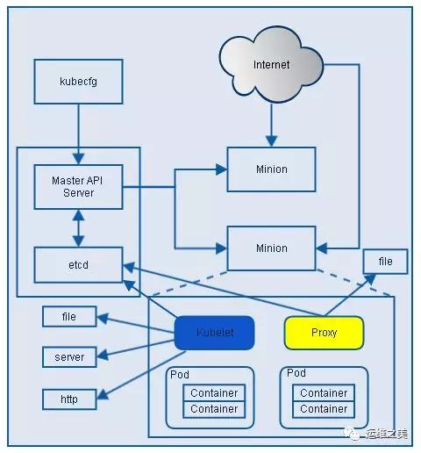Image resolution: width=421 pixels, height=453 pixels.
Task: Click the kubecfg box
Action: click(78, 82)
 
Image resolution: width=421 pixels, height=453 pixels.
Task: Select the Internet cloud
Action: click(271, 65)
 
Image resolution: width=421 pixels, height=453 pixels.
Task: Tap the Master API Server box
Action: click(78, 187)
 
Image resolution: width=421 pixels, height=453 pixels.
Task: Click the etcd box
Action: click(78, 265)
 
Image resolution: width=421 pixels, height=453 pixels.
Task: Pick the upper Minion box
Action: click(271, 169)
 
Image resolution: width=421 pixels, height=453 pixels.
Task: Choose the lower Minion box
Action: click(271, 248)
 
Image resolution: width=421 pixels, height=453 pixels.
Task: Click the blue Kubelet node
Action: click(214, 333)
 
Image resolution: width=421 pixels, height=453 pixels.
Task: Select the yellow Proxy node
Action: click(324, 333)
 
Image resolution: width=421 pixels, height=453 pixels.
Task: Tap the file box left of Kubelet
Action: click(69, 316)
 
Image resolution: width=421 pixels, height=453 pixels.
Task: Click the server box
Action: click(69, 357)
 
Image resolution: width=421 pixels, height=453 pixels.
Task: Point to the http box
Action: click(69, 399)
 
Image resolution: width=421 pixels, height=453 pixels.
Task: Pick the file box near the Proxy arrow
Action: click(385, 262)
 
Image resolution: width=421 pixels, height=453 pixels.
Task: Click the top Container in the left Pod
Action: click(214, 392)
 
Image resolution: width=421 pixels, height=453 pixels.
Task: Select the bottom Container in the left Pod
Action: click(214, 409)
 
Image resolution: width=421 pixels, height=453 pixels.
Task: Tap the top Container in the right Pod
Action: click(324, 392)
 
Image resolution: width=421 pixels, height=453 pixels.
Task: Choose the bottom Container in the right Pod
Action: click(324, 409)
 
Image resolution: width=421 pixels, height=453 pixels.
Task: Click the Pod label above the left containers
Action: click(180, 375)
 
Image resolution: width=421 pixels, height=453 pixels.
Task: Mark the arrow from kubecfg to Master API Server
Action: click(78, 134)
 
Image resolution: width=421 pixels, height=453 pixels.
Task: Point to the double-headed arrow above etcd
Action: click(78, 228)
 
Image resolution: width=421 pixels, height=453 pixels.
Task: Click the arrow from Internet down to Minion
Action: click(271, 125)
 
